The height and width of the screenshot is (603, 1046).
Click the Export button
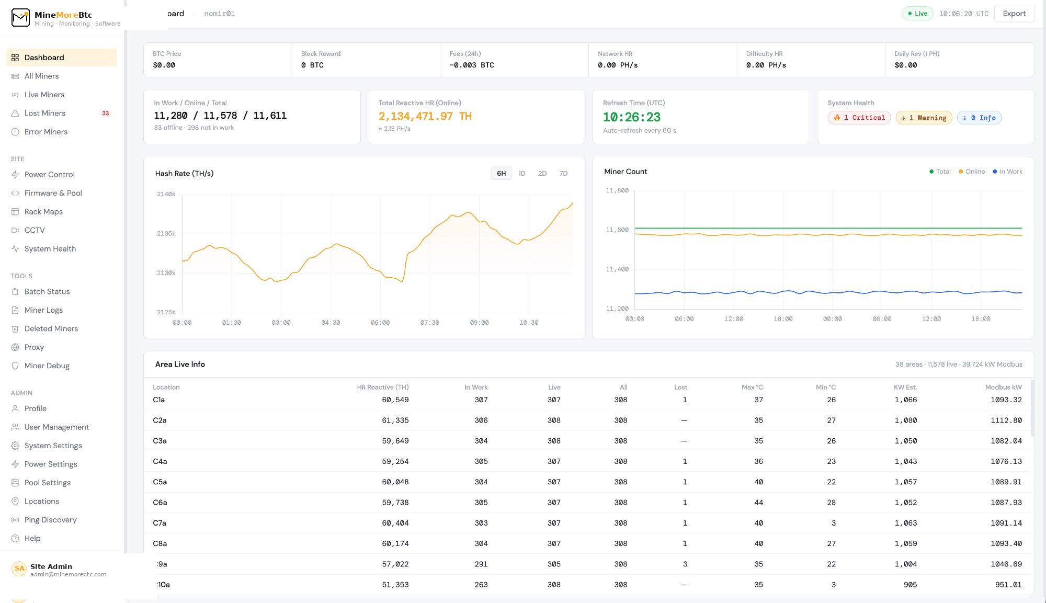(x=1014, y=14)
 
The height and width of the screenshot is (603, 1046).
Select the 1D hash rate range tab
(x=521, y=173)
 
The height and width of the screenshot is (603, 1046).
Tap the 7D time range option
(x=563, y=173)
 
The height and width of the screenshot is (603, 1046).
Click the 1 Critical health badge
(x=859, y=118)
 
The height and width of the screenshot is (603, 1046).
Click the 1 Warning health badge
(x=924, y=118)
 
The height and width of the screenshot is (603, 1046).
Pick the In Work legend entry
(x=1007, y=172)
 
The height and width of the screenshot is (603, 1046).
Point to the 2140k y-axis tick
(x=166, y=194)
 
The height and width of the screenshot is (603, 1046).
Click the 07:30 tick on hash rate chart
(x=429, y=323)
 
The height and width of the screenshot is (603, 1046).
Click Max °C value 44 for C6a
(x=758, y=503)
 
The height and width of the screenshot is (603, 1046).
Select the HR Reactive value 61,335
(x=395, y=420)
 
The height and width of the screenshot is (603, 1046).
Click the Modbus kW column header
(x=1003, y=387)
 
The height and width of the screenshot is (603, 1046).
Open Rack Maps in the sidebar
(x=43, y=211)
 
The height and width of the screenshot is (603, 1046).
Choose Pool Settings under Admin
(x=47, y=483)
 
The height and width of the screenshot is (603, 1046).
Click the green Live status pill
(x=917, y=14)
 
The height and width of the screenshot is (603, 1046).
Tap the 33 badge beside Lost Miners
(x=106, y=113)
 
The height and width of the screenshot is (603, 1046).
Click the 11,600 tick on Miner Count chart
(x=617, y=230)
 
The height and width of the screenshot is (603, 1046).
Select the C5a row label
(x=160, y=482)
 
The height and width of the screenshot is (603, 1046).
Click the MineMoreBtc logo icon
(x=20, y=17)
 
